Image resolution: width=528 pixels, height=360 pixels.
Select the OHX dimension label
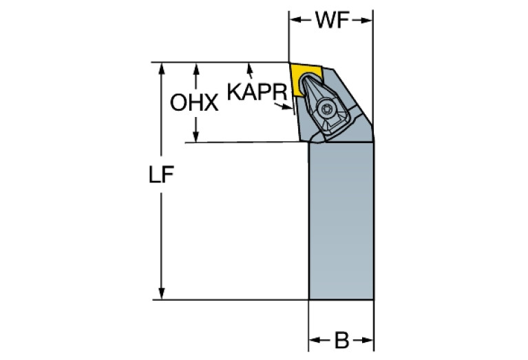coord(194,104)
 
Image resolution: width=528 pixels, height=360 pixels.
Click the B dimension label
coord(341,340)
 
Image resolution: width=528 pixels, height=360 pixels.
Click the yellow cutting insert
coord(304,78)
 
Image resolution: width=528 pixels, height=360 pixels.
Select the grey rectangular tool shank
coord(341,220)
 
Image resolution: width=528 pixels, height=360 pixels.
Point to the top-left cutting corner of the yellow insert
coord(290,64)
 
